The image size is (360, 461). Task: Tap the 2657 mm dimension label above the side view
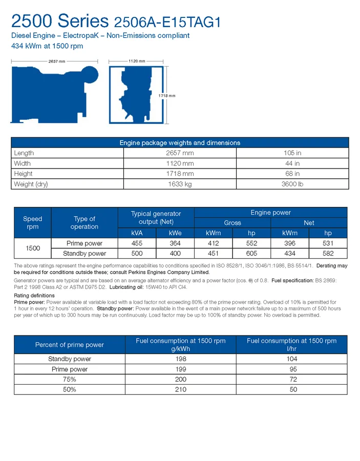[x=56, y=61]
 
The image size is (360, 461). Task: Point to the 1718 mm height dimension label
[x=167, y=96]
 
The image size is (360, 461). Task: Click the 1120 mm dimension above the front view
[x=136, y=61]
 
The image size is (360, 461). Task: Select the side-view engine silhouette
[x=53, y=95]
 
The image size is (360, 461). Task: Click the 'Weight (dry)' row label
[x=31, y=184]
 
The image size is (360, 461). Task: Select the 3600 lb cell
[x=292, y=184]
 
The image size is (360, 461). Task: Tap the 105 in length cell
[x=292, y=153]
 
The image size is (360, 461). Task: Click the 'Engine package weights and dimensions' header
[x=180, y=143]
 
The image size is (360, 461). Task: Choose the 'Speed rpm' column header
[x=33, y=223]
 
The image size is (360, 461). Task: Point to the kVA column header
[x=137, y=233]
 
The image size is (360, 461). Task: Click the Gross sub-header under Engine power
[x=232, y=223]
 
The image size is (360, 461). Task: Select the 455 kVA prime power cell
[x=137, y=243]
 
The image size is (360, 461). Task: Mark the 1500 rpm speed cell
[x=33, y=248]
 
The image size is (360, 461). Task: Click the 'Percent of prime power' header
[x=69, y=345]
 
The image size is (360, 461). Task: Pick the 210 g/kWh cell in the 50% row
[x=180, y=389]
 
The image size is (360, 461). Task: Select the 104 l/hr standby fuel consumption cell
[x=292, y=359]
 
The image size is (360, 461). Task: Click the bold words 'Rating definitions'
[x=34, y=296]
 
